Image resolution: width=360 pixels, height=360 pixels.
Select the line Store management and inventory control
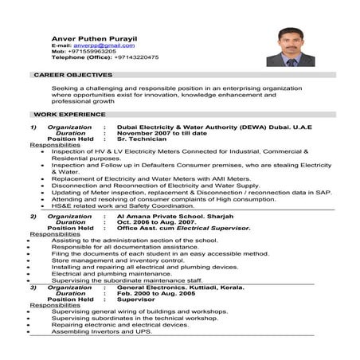click(x=112, y=260)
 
